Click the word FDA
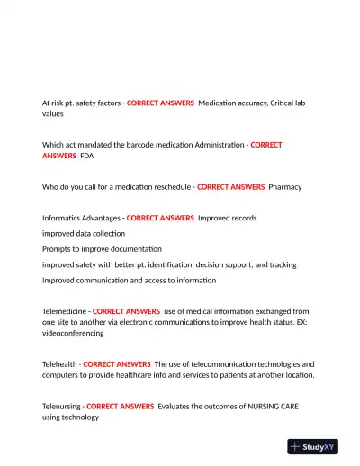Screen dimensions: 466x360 pos(87,156)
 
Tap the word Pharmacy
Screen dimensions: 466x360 pos(285,187)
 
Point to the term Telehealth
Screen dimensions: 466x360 pos(59,363)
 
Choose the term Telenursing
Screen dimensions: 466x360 pos(62,407)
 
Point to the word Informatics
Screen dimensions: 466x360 pos(65,218)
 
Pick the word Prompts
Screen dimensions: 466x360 pos(57,248)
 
